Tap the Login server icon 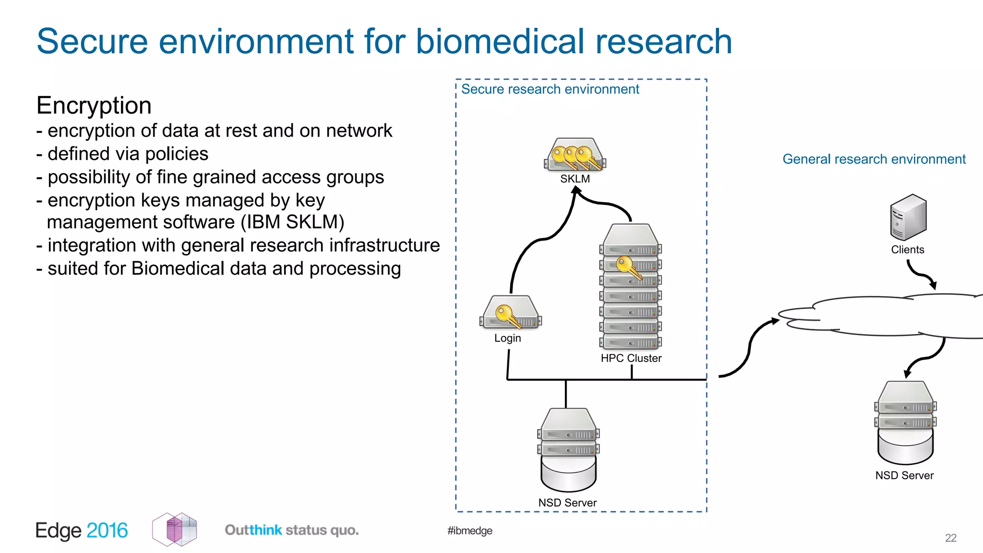(x=510, y=313)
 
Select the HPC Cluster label (x=631, y=358)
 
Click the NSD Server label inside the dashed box (x=567, y=503)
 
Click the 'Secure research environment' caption (x=550, y=89)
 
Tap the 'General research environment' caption (x=874, y=159)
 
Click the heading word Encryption (x=94, y=106)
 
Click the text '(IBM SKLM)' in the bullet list (x=292, y=222)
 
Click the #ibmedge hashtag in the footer (x=469, y=530)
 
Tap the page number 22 (x=950, y=538)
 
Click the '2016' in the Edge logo (x=107, y=530)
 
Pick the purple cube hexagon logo (x=175, y=529)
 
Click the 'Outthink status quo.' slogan (x=291, y=530)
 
